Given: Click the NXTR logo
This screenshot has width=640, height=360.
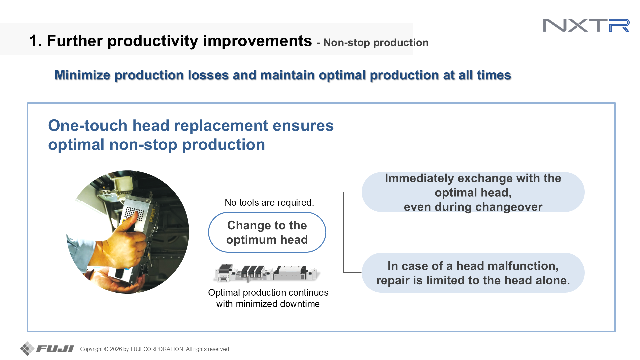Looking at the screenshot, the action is click(x=586, y=25).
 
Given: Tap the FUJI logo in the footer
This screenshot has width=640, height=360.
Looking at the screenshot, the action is click(x=47, y=349).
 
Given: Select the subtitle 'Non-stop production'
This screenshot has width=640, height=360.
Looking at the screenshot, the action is click(x=376, y=43).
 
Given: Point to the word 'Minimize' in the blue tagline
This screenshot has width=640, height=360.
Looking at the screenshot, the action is click(x=82, y=75).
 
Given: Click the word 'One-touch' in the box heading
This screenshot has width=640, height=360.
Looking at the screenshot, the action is click(x=88, y=126).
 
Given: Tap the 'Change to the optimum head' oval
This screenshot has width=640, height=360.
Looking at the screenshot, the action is click(x=267, y=232).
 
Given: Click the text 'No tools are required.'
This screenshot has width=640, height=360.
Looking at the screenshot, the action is click(x=269, y=202).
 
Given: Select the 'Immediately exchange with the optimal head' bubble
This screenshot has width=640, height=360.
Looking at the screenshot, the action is click(x=473, y=192).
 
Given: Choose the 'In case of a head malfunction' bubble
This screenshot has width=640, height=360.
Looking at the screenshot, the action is click(x=473, y=273).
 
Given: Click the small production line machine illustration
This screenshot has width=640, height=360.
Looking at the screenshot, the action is click(x=267, y=273).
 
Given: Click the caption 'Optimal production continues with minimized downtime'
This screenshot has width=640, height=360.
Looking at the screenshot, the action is click(x=268, y=298).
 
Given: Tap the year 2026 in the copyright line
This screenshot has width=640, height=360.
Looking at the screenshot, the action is click(x=116, y=349).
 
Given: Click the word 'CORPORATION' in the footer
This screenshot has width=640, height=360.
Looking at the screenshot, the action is click(x=163, y=349).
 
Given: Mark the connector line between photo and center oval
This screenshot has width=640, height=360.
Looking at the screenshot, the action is click(x=199, y=232).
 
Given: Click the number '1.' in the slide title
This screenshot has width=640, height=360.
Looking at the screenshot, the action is click(x=36, y=41).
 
